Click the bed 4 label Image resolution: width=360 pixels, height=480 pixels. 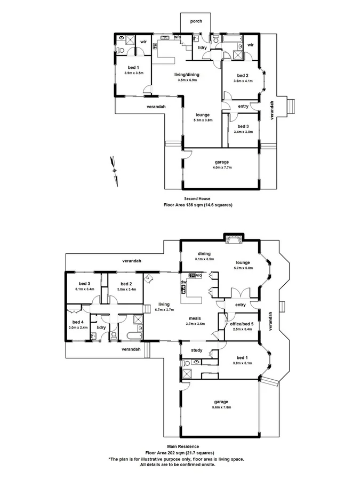[x=78, y=322]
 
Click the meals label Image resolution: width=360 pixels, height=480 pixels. [x=194, y=318]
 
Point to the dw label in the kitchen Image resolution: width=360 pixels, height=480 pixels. [x=183, y=282]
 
